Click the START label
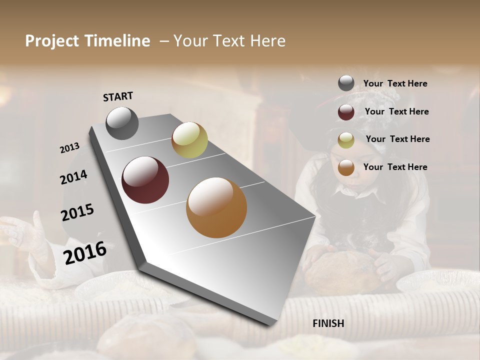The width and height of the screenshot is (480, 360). pos(118,96)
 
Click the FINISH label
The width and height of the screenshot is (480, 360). pos(328,323)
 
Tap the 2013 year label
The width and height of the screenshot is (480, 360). pos(69,148)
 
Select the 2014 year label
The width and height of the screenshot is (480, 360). pos(73,177)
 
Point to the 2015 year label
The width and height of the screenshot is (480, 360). pos(77,212)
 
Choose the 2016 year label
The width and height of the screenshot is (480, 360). pos(85,252)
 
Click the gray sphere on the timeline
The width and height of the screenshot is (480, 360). pos(122,123)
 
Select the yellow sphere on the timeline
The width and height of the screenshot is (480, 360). pos(189,140)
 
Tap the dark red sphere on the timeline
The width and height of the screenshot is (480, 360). pos(145,180)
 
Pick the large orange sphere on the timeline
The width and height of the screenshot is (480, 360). pos(216,207)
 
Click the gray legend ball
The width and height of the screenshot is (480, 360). pos(346,83)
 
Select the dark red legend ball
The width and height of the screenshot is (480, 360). pos(346,112)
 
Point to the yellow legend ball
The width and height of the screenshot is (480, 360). pos(346,140)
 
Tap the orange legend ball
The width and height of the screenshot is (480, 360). pos(346,168)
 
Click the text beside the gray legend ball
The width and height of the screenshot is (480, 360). pos(395,84)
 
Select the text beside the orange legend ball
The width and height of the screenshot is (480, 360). pos(395,167)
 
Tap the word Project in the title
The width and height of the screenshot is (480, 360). pos(51,41)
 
